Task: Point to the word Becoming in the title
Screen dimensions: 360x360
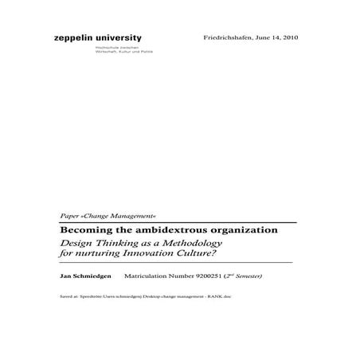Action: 83,229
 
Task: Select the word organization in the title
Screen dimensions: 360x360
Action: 236,229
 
